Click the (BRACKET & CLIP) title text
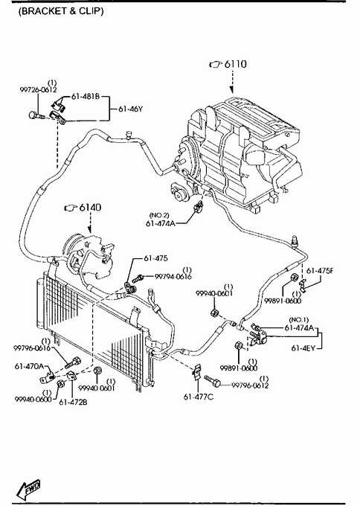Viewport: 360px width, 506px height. click(x=61, y=11)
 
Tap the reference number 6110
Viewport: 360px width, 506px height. click(x=236, y=64)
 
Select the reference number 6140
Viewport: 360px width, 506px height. click(x=90, y=207)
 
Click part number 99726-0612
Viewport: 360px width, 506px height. click(x=39, y=90)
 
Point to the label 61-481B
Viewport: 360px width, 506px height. click(x=86, y=96)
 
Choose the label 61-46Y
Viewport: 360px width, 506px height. click(x=130, y=109)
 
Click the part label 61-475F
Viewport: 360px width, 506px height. click(x=320, y=270)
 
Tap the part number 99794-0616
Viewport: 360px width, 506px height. click(x=173, y=277)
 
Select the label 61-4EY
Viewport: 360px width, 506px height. click(x=303, y=348)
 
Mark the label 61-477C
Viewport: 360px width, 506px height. click(x=199, y=397)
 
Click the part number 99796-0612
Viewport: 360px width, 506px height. click(x=250, y=385)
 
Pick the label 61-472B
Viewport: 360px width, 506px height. click(x=73, y=402)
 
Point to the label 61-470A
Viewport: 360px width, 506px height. click(x=29, y=366)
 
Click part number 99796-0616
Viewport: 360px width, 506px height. click(x=32, y=348)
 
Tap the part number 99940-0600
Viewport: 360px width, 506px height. click(x=33, y=399)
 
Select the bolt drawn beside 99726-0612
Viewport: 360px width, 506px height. click(x=36, y=115)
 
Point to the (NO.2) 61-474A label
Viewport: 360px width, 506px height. click(x=161, y=220)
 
